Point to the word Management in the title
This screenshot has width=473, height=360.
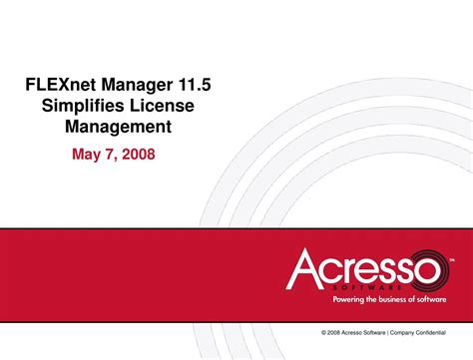[118, 127]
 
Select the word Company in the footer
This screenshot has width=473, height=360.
[407, 331]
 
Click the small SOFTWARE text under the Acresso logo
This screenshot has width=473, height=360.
[375, 286]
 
